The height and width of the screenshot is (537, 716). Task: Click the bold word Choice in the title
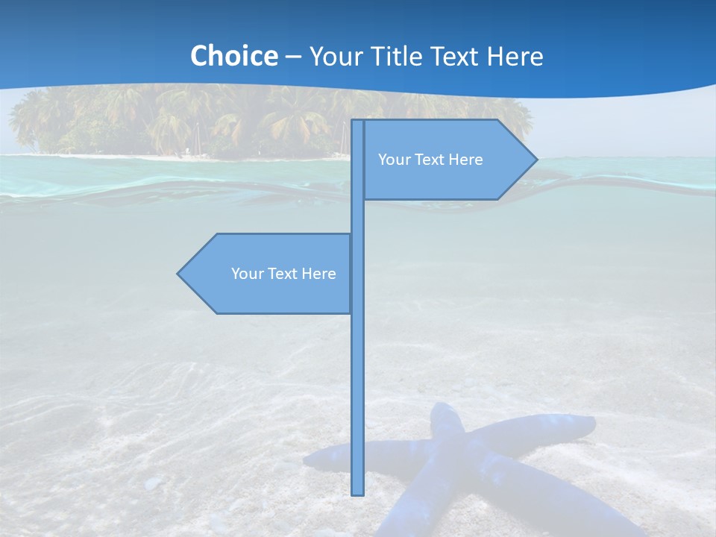(233, 56)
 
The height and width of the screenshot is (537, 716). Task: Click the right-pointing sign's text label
(430, 160)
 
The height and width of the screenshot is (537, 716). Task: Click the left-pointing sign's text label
(283, 274)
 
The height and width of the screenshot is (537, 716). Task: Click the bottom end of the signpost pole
(358, 492)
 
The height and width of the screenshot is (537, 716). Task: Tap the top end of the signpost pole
(358, 122)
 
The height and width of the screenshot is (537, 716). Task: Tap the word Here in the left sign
(319, 274)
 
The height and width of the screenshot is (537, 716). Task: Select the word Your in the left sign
(245, 274)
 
